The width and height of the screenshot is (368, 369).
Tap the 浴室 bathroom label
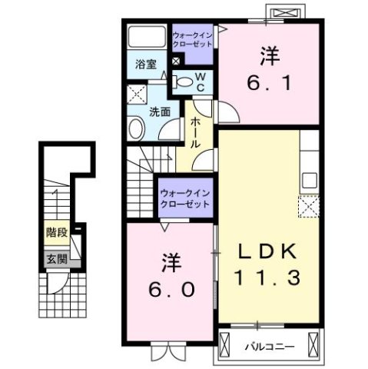pyautogui.click(x=147, y=65)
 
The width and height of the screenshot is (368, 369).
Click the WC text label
pyautogui.click(x=199, y=81)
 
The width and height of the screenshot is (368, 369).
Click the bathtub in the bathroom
pyautogui.click(x=147, y=38)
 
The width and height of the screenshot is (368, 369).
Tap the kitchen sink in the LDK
pyautogui.click(x=310, y=181)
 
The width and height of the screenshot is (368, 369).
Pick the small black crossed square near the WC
pyautogui.click(x=176, y=61)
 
